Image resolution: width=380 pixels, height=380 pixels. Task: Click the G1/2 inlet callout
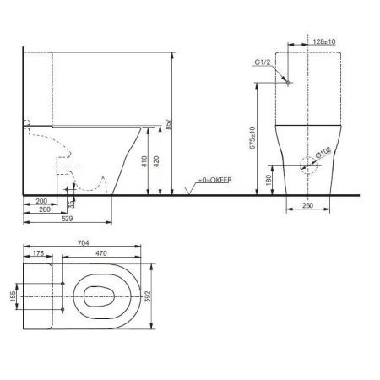point(263,62)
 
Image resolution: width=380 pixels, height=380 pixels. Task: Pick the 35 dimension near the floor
point(73,204)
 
